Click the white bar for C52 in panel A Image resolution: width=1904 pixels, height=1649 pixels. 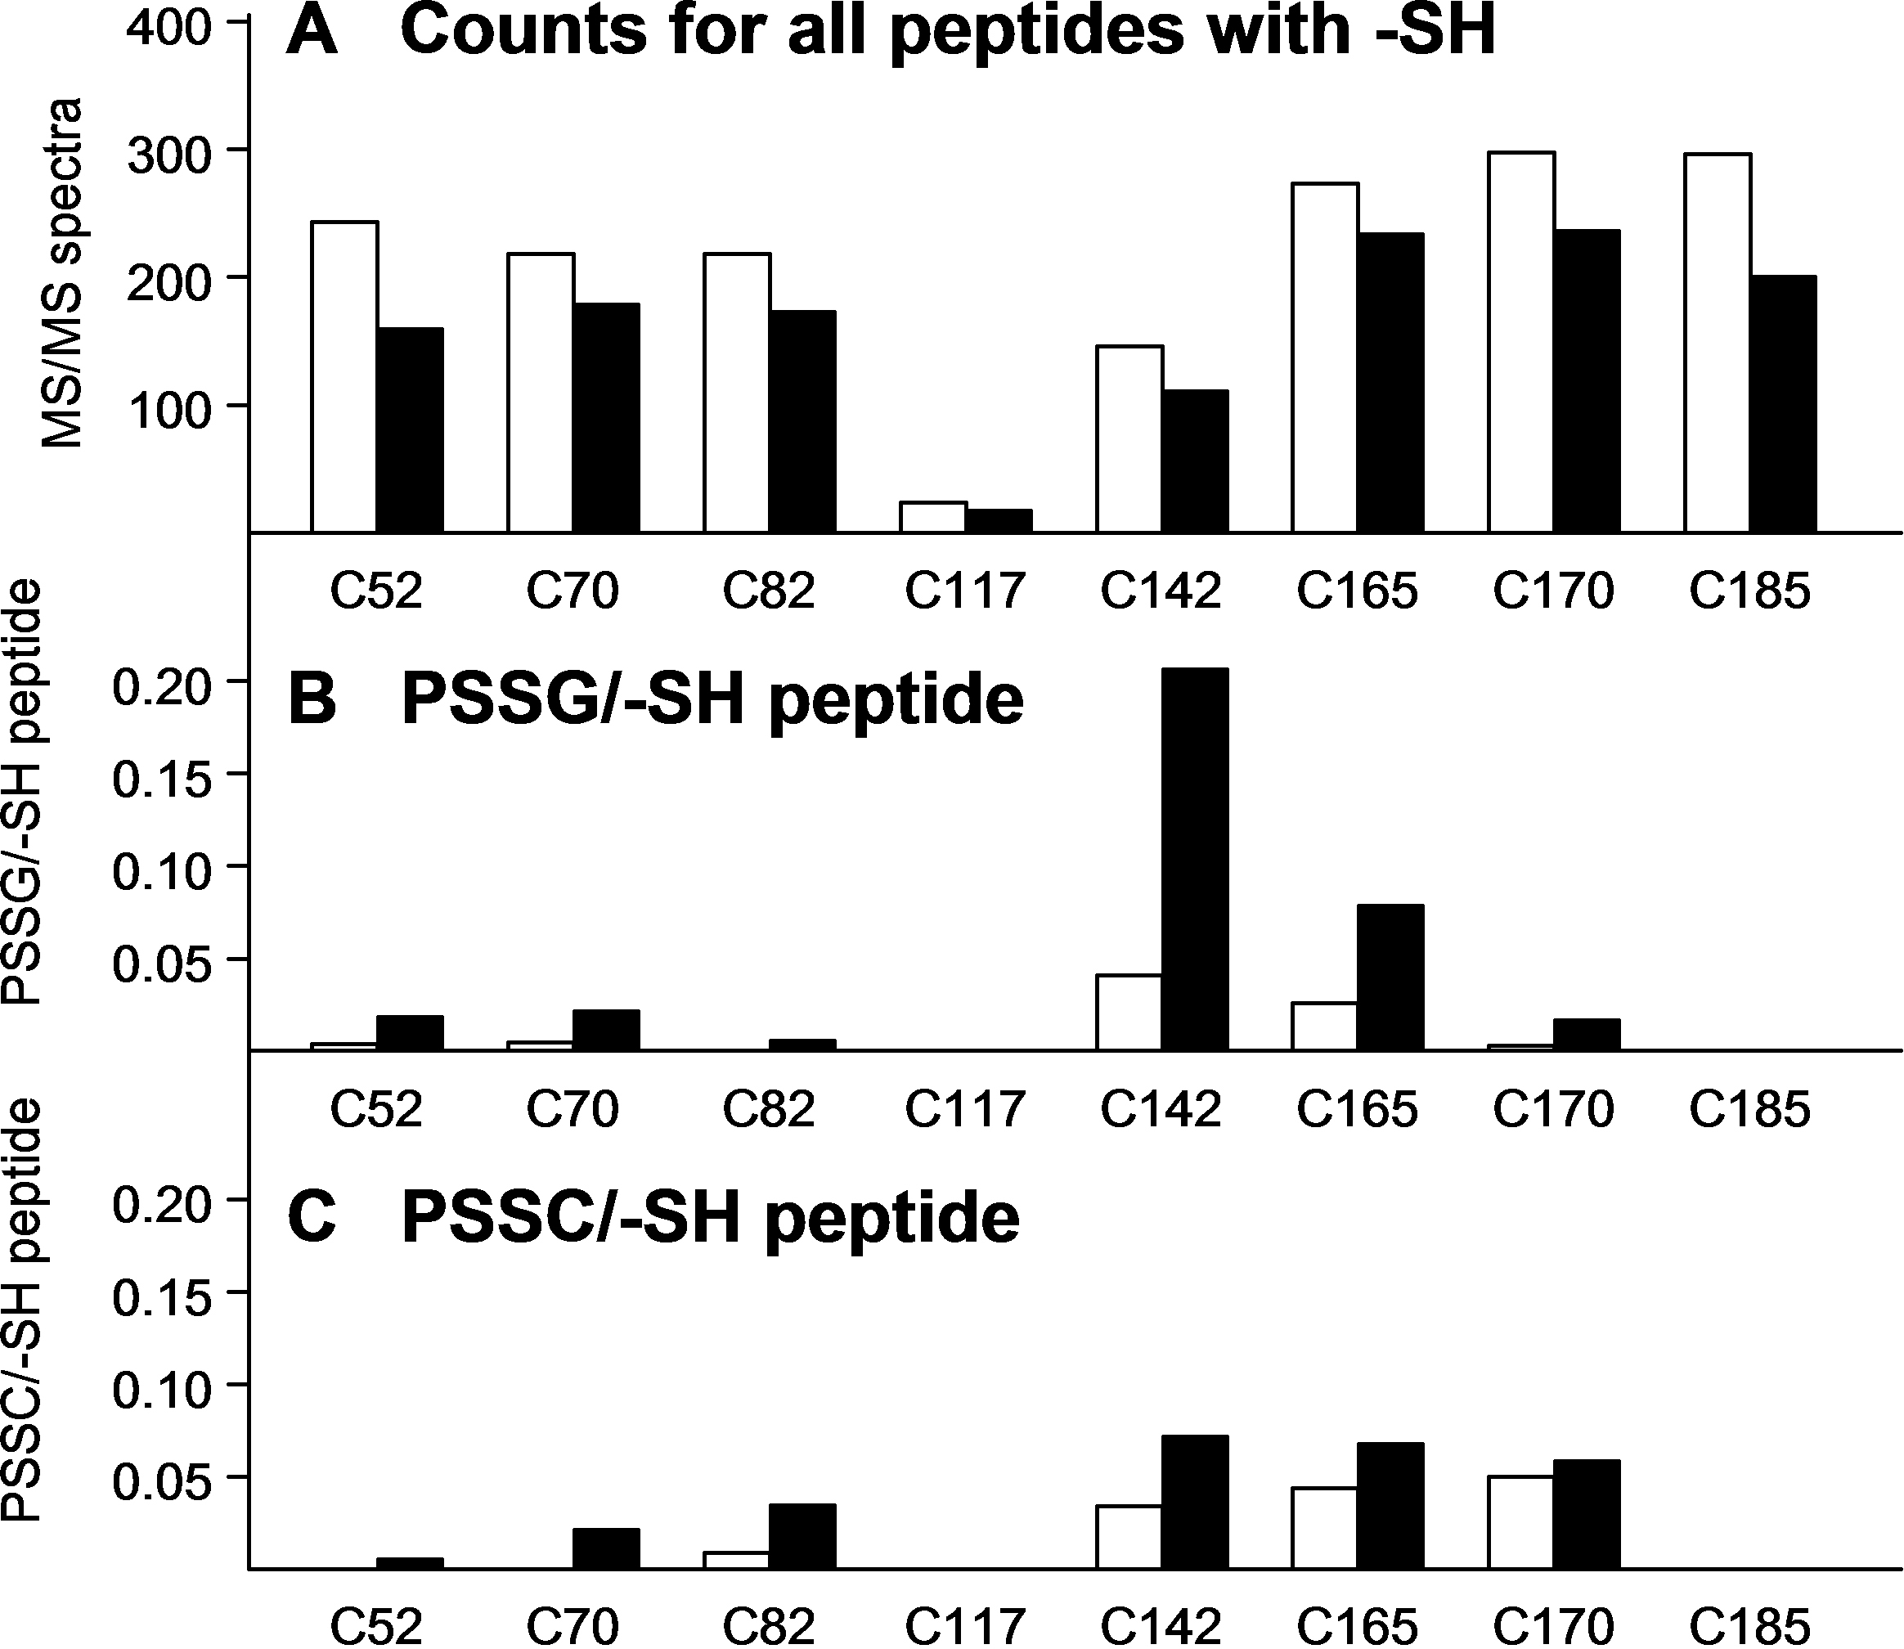(345, 377)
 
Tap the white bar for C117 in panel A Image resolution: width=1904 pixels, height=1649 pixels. (933, 517)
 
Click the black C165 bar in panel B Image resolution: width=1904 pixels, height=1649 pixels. (1390, 977)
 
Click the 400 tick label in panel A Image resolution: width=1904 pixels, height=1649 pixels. (170, 28)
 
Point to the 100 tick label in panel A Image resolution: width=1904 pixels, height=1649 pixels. (170, 413)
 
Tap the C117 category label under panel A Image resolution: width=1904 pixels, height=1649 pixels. (965, 591)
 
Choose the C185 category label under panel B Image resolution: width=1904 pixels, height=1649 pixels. (1749, 1109)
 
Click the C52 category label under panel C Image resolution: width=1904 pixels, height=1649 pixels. (376, 1626)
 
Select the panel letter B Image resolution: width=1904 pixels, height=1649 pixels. (312, 701)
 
